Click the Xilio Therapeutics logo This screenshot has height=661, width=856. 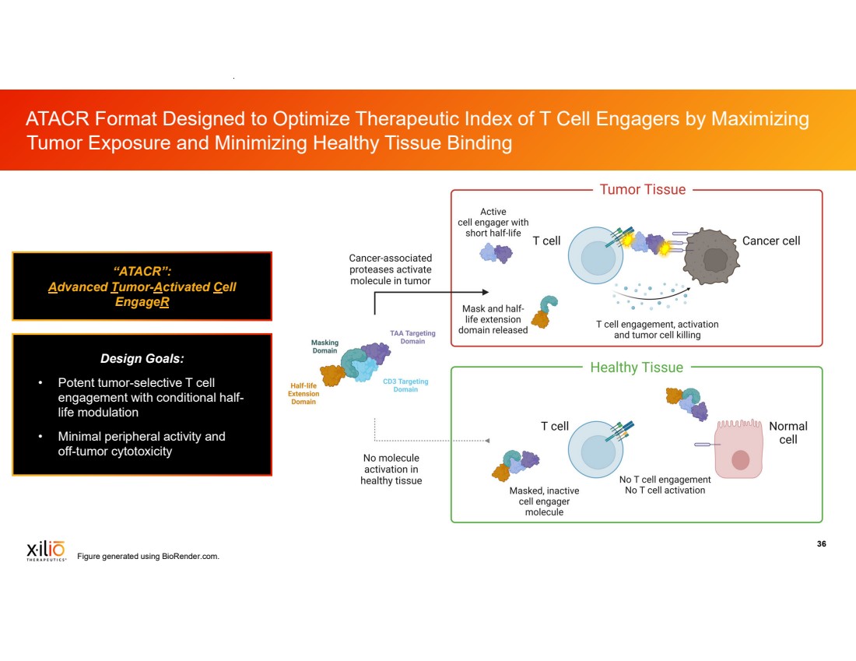coord(47,550)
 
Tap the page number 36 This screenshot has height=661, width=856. coord(821,543)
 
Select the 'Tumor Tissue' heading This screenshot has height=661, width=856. coord(643,189)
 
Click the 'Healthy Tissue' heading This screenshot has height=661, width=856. coord(637,367)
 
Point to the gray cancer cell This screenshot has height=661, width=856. coord(710,257)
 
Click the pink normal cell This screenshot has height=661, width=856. coord(738,448)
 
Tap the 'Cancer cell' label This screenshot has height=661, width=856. coord(771,241)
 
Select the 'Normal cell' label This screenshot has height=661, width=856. coord(788,433)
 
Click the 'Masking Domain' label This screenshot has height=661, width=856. coord(325,346)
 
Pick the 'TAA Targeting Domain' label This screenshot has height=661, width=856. coord(412,337)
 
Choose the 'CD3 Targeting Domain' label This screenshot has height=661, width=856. coord(405,385)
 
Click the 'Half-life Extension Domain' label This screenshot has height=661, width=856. coord(303,393)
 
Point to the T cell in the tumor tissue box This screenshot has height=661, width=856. coord(595,255)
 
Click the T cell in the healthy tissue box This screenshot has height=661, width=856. coord(595,449)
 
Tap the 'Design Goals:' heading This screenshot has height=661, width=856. coord(142,358)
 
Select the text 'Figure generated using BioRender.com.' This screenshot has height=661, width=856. coord(148,556)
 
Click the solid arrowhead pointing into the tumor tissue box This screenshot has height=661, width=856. coord(486,292)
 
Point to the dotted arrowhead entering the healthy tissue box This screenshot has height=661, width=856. coord(487,441)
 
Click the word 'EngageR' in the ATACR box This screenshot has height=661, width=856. coord(142,301)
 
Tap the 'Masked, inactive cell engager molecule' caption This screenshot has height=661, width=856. coord(544,501)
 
